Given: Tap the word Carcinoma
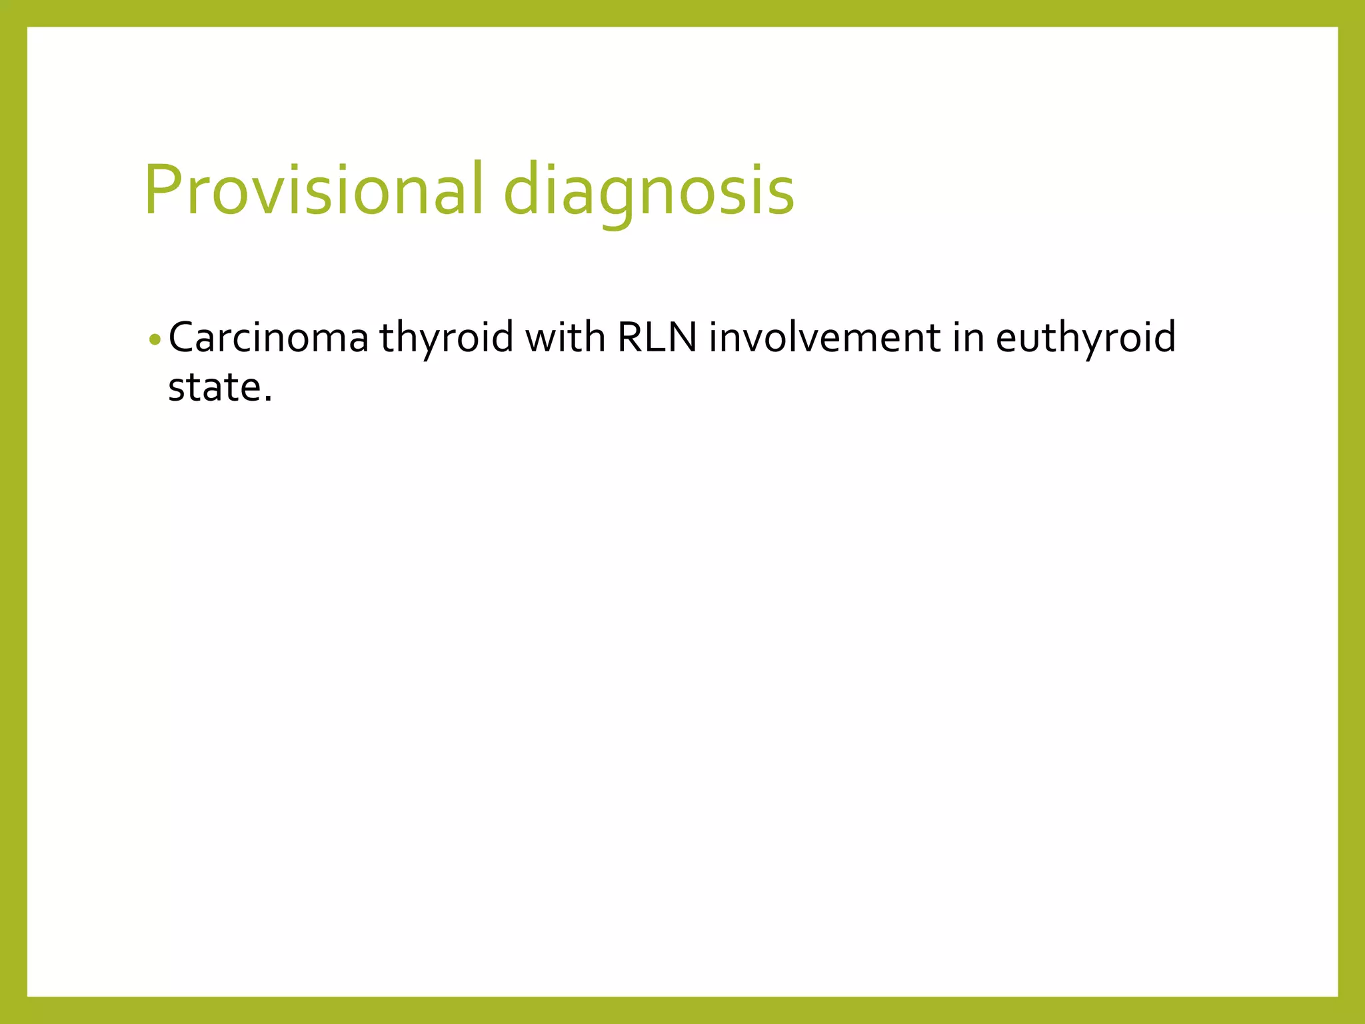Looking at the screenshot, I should pos(269,337).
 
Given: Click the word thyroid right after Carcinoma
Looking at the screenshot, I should pos(446,339).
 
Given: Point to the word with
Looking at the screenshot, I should pos(565,337).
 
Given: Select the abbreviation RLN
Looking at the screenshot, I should pos(657,337).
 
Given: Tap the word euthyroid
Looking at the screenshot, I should pos(1086,339).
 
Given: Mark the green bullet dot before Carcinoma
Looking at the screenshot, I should pos(155,339).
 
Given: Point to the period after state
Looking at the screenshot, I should pos(268,399).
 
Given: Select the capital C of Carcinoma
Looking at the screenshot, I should pos(181,337).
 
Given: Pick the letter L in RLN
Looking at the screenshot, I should pos(657,337).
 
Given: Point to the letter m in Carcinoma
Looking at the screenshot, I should pos(329,340).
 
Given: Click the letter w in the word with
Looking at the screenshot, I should pos(539,340).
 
